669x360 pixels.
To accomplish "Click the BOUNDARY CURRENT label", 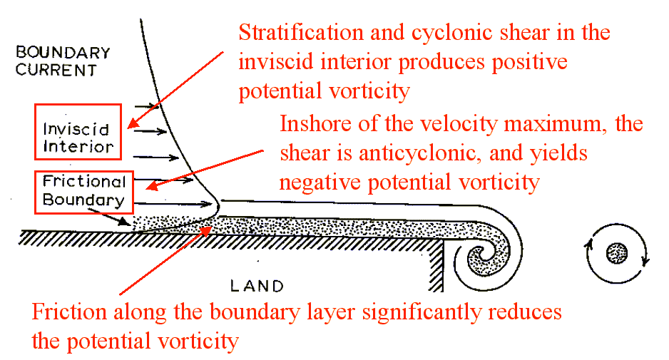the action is [x=63, y=61].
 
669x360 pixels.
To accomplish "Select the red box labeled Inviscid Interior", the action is [x=78, y=105].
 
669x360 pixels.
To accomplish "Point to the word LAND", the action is [x=257, y=286].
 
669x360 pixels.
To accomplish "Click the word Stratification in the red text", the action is [x=300, y=33].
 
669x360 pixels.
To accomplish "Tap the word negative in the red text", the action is [x=320, y=183].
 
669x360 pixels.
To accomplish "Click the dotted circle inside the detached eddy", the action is [x=616, y=254].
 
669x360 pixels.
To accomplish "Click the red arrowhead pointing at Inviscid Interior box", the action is [x=133, y=123].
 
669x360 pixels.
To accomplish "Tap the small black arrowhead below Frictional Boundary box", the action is [x=124, y=222].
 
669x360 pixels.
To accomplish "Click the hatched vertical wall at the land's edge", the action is [x=436, y=265].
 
